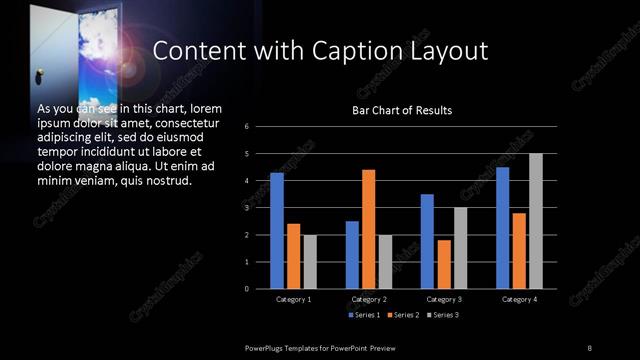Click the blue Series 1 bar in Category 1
tap(277, 231)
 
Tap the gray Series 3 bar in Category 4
tap(536, 221)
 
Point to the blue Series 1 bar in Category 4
tap(503, 228)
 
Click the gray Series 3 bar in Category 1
tap(309, 262)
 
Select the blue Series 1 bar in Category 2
tap(352, 255)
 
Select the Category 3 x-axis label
tap(443, 299)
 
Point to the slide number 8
tap(589, 347)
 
